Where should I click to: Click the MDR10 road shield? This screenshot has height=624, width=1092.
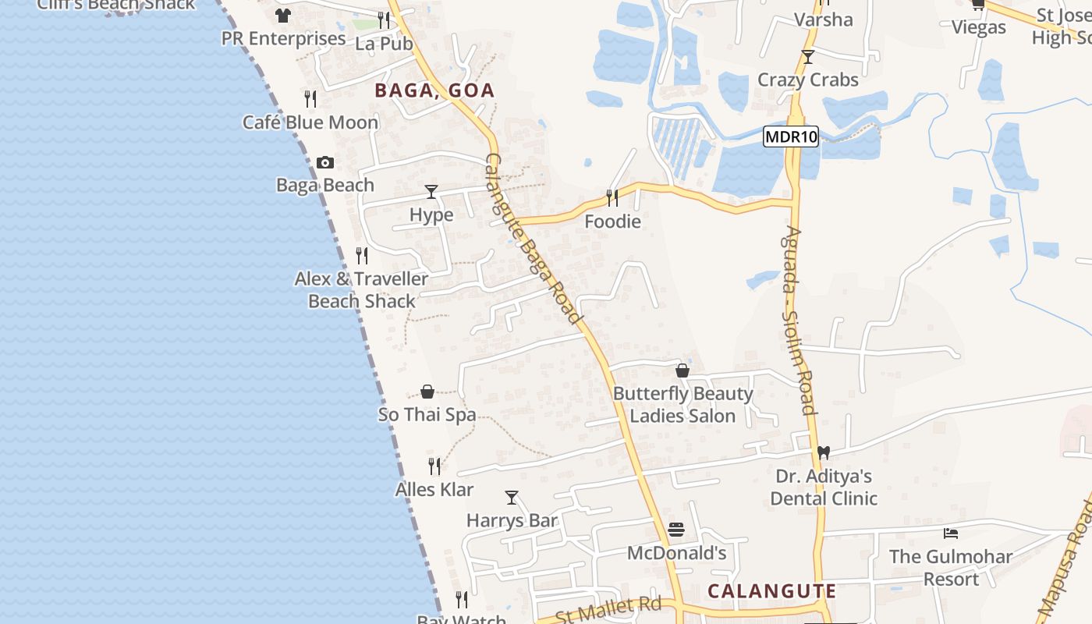[x=791, y=137]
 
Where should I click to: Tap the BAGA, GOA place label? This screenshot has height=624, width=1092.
[x=434, y=90]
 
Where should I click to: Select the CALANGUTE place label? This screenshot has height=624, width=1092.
[x=771, y=590]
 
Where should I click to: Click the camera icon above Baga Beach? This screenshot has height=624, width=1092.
[x=325, y=162]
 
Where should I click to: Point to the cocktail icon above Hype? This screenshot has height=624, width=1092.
[x=431, y=192]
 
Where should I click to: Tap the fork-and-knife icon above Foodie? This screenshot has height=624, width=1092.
[x=612, y=198]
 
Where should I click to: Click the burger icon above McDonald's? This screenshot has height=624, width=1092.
[x=676, y=530]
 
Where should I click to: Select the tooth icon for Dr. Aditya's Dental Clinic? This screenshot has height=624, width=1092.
[x=823, y=452]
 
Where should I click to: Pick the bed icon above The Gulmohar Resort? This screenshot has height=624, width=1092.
[x=951, y=534]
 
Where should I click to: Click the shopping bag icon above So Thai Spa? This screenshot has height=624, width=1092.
[x=427, y=392]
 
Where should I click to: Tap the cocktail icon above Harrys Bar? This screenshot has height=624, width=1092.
[x=512, y=497]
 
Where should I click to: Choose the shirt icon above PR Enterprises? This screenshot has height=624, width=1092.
[x=283, y=16]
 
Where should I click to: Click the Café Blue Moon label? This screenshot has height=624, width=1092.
[x=310, y=122]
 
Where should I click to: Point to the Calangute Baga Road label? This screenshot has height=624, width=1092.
[x=534, y=238]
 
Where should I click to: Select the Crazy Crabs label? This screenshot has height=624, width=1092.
[x=808, y=80]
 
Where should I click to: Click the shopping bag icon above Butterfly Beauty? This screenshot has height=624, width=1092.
[x=682, y=370]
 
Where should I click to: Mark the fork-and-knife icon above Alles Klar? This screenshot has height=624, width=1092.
[x=434, y=466]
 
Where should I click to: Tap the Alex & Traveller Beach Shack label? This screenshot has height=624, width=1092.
[x=361, y=289]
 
